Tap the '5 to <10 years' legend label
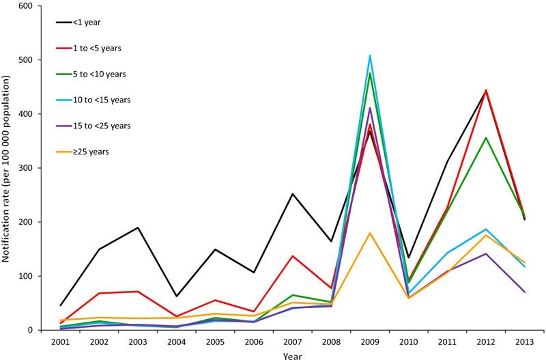point(99,74)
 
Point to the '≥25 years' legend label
point(91,152)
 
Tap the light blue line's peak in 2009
point(369,55)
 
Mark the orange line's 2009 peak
point(369,233)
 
